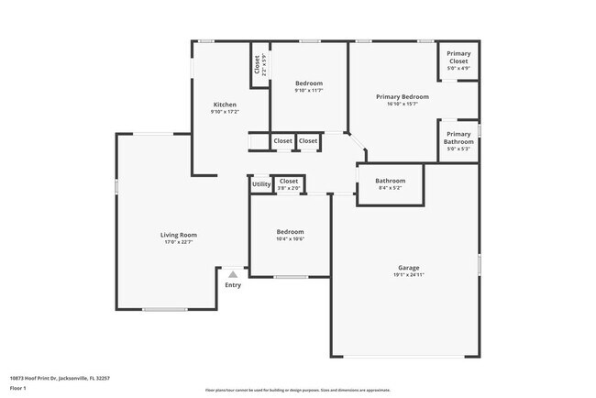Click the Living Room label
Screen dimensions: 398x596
(x=179, y=235)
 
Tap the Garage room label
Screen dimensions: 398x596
(x=408, y=268)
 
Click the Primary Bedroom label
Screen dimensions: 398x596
(x=403, y=96)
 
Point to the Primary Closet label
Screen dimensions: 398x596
(x=458, y=58)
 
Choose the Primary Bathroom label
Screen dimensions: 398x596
(x=458, y=138)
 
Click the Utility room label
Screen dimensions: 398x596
(x=261, y=185)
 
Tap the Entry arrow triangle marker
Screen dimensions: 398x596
(x=233, y=273)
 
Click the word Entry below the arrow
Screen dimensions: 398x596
(x=233, y=285)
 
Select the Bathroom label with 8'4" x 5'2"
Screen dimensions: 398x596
(x=390, y=181)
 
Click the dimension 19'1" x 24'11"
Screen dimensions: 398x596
(x=408, y=275)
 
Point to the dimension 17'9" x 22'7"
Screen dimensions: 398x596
(x=179, y=242)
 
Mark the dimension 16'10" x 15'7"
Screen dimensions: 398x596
(x=403, y=104)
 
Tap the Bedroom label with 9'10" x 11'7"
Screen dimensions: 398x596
(x=308, y=83)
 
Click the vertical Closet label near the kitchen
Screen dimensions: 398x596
(x=257, y=65)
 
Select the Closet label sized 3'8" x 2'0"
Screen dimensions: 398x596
(x=289, y=182)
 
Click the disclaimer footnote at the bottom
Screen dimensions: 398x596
(x=297, y=390)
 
